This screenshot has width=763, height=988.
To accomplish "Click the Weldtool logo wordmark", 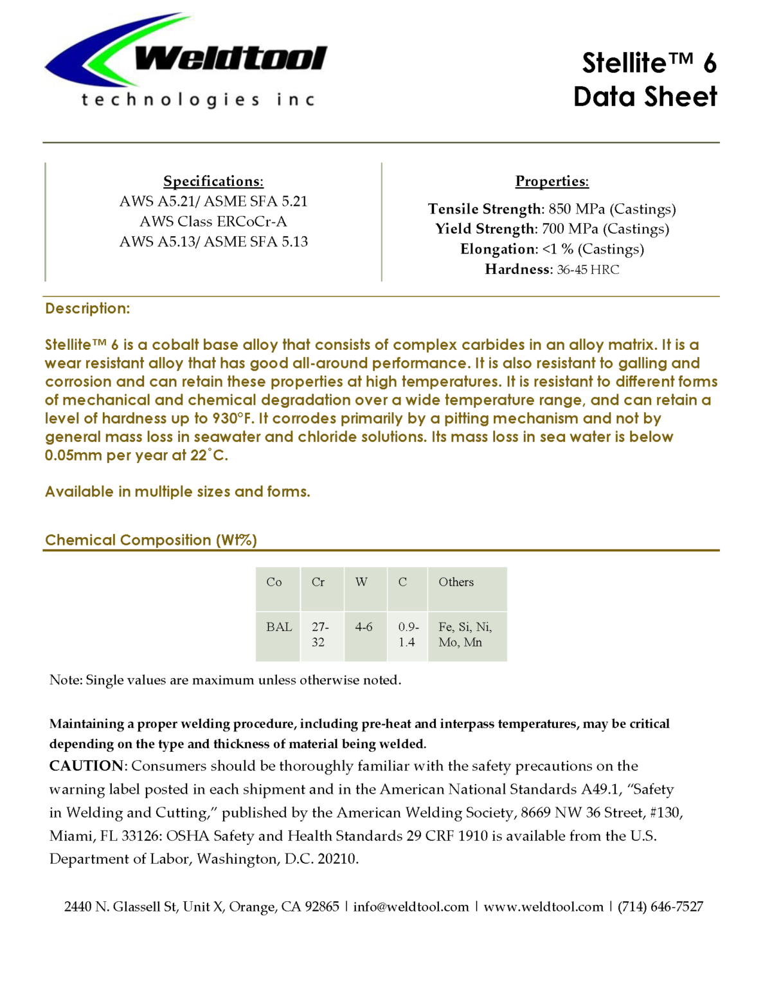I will [x=230, y=59].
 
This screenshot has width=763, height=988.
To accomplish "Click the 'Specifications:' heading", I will [x=213, y=181].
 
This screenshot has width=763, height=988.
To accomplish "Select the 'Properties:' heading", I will [x=552, y=181].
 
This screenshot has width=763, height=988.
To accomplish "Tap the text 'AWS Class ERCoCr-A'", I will [x=213, y=221].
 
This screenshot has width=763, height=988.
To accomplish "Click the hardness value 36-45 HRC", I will [x=588, y=270].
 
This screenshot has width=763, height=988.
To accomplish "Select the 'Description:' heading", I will [x=87, y=309].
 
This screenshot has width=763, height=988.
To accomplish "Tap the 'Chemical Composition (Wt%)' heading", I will [x=151, y=540].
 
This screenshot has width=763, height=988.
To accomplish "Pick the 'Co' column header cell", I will [x=274, y=582].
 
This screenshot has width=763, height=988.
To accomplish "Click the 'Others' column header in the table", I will [x=456, y=582].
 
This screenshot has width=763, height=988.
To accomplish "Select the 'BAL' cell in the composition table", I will [x=279, y=627].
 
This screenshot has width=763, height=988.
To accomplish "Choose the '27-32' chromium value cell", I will [x=320, y=634].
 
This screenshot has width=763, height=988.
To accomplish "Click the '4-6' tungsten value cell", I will [x=364, y=627].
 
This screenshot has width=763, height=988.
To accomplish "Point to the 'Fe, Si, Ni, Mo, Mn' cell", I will [x=465, y=634].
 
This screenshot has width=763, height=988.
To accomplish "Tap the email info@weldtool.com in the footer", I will [x=411, y=907].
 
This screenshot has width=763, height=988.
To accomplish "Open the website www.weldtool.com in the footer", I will [x=543, y=907].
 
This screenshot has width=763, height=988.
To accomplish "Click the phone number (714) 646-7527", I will [x=660, y=907].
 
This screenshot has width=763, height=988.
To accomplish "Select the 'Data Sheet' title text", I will [x=645, y=97].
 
